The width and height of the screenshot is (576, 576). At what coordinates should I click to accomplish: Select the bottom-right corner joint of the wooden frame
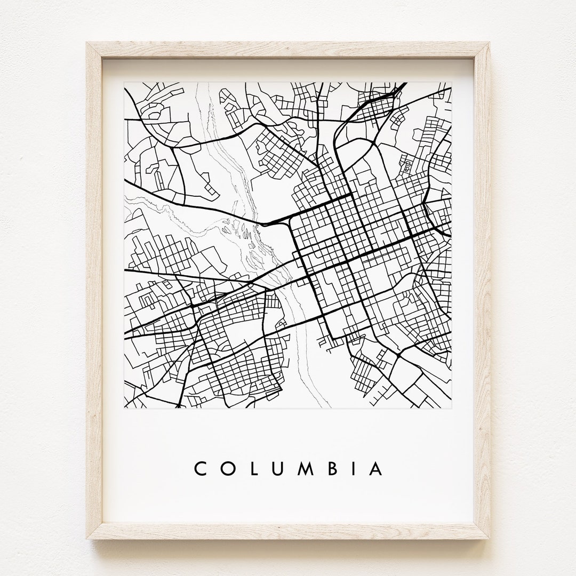coord(482,532)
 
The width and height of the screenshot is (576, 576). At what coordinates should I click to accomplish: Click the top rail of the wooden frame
coord(288,50)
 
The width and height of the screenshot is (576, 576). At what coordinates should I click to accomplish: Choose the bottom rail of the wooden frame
coord(288,532)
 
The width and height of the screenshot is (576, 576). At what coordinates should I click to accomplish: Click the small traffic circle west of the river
coord(250,286)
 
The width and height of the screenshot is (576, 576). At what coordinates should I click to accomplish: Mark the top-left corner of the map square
coord(124,82)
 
